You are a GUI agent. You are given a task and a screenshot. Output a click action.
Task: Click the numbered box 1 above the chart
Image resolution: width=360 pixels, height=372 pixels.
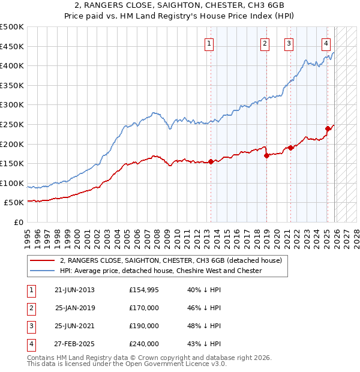click(x=209, y=43)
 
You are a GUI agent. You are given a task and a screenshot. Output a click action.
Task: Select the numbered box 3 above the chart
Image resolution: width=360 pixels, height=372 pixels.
click(x=289, y=43)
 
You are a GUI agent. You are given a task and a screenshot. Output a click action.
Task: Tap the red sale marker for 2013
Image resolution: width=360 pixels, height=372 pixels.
click(x=211, y=161)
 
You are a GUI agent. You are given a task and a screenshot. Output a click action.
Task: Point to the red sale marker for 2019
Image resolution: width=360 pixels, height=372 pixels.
click(x=266, y=155)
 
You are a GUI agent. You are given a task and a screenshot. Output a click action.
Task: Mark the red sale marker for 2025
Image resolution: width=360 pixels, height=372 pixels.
click(x=328, y=128)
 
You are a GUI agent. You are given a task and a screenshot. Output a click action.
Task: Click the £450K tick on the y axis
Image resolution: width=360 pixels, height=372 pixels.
click(x=13, y=46)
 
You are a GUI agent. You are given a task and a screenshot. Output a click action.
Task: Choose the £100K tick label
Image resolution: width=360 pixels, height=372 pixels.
click(x=13, y=183)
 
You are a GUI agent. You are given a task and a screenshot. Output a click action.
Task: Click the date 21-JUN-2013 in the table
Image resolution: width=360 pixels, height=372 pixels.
click(x=74, y=290)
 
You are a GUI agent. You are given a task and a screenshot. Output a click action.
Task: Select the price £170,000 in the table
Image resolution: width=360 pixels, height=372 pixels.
click(x=144, y=308)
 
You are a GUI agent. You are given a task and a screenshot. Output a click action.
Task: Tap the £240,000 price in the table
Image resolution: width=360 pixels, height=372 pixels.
click(x=144, y=344)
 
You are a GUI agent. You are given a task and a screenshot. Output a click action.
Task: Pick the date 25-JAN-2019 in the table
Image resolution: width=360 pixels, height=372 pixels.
click(x=74, y=308)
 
